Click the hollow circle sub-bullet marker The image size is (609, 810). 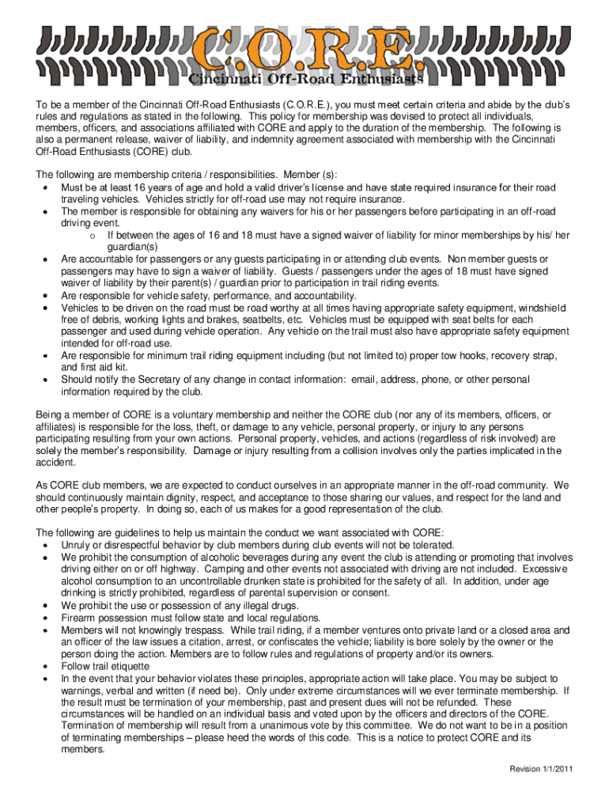[x=93, y=236]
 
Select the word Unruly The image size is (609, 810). [x=75, y=545]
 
